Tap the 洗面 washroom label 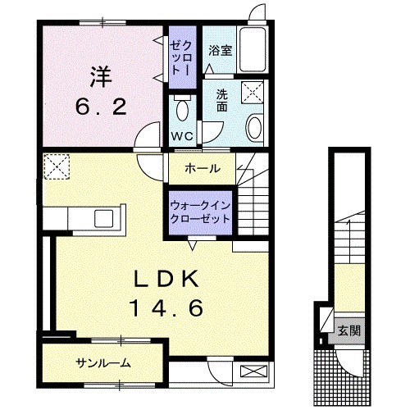coord(221,100)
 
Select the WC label coord(181,135)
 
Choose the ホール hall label coord(201,169)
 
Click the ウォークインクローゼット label coord(200,213)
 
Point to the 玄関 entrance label coord(348,331)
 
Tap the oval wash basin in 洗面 coord(254,128)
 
